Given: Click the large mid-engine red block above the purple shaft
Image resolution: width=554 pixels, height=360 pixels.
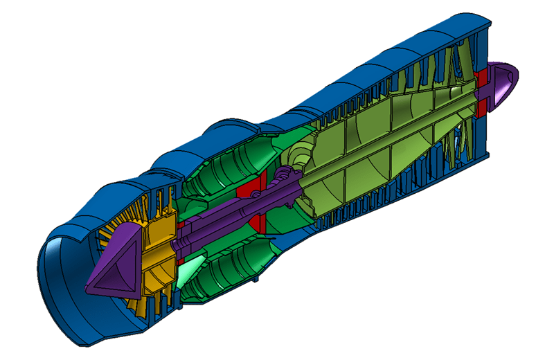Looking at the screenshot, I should [x=246, y=189].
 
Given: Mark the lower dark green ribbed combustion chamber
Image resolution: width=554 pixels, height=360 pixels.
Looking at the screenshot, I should [x=229, y=277].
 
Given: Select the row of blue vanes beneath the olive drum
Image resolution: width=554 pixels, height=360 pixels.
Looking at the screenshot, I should [x=388, y=201].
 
